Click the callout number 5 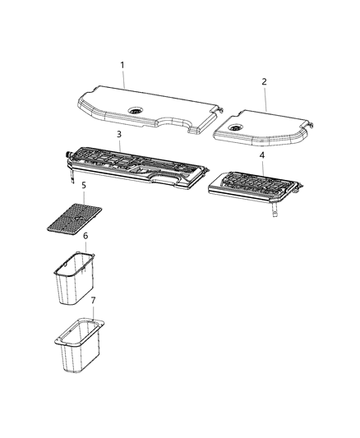click(x=84, y=185)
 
